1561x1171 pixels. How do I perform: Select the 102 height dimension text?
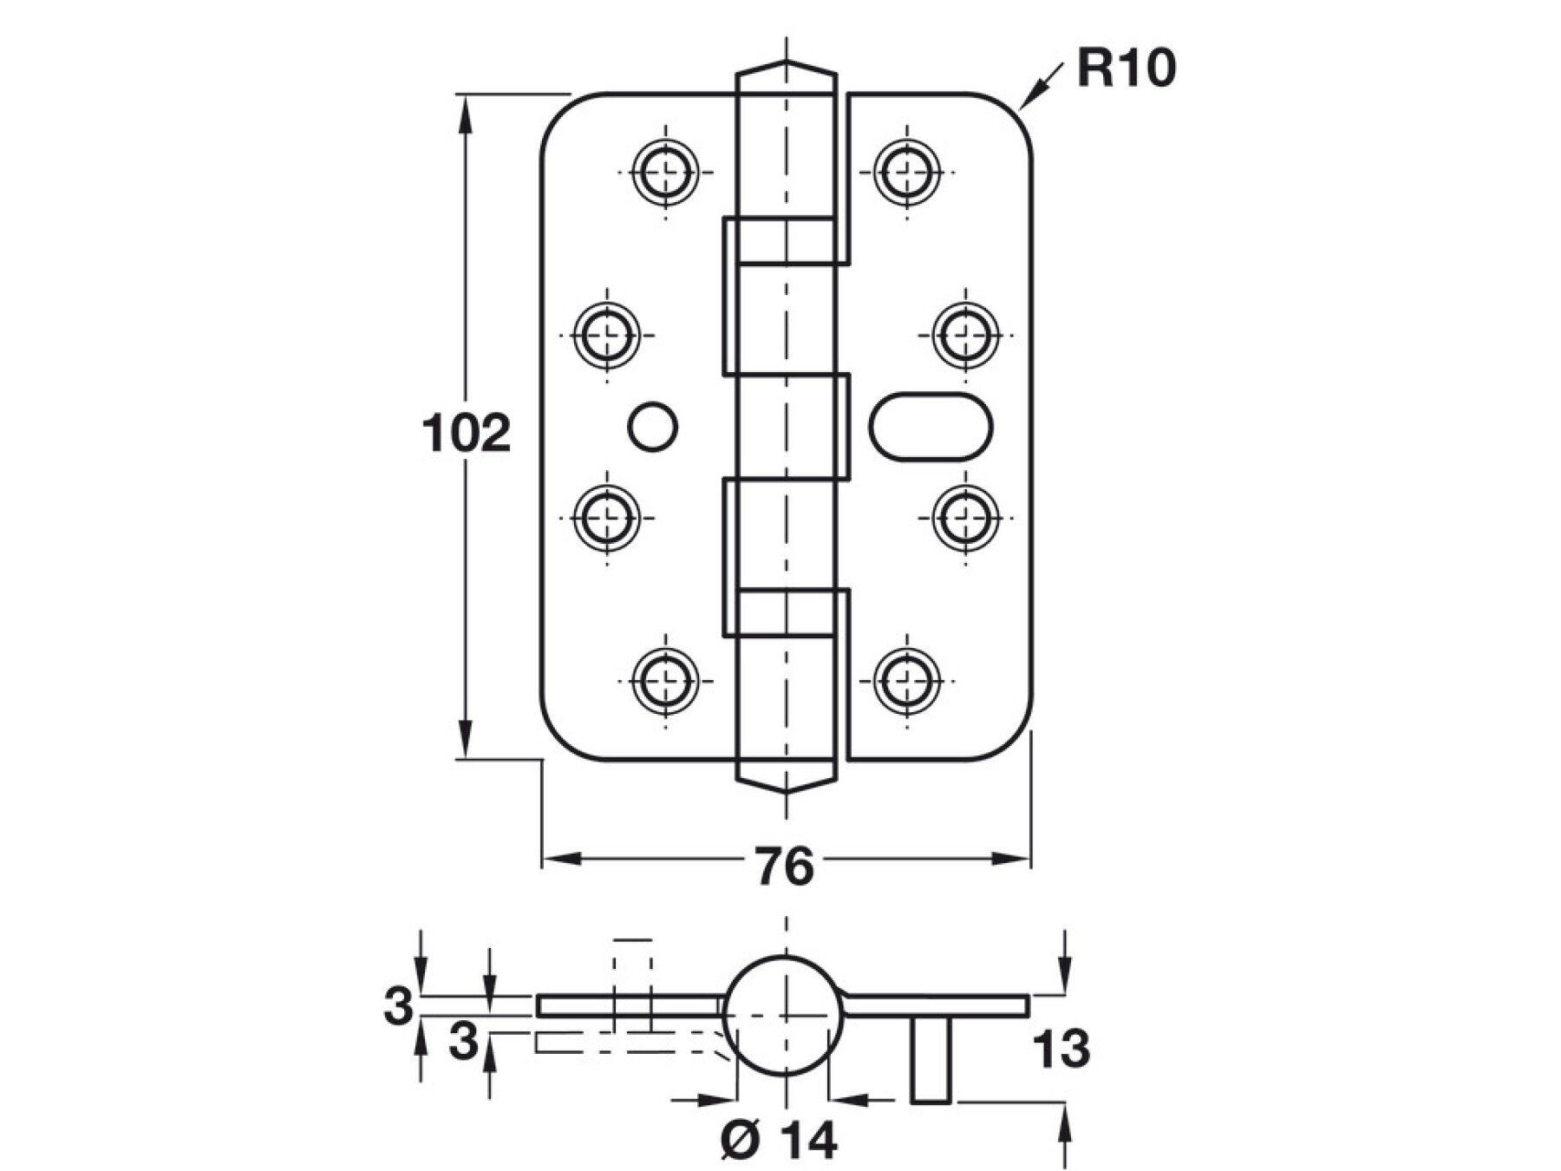click(x=466, y=434)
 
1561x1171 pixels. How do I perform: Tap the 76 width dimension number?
click(x=784, y=867)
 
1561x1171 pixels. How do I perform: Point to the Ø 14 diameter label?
click(x=780, y=1140)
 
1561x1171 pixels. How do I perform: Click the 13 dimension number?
click(x=1061, y=1050)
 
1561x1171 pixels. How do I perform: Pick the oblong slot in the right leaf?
click(x=931, y=426)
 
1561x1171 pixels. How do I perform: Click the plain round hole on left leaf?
click(x=652, y=427)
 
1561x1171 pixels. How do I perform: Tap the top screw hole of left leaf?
click(x=665, y=172)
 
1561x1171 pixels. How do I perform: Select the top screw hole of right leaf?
click(x=907, y=172)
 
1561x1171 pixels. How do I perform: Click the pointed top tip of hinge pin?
click(x=786, y=63)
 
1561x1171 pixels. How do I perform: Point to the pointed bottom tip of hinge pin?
click(x=786, y=790)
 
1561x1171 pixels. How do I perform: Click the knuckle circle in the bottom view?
click(x=784, y=1015)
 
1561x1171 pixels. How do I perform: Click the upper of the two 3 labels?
click(x=398, y=1007)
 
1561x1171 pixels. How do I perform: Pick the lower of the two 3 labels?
click(x=463, y=1041)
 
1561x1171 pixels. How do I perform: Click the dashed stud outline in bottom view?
click(x=632, y=985)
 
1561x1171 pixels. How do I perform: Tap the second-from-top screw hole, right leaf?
click(x=965, y=335)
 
